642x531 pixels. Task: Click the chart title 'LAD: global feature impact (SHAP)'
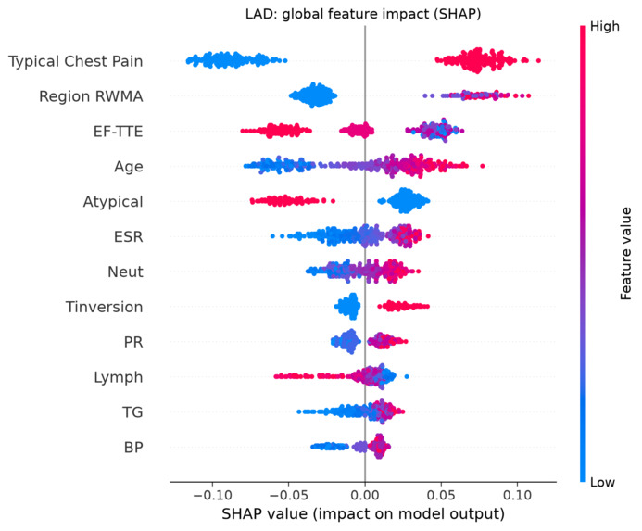(x=363, y=14)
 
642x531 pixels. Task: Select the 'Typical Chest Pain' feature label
(x=76, y=61)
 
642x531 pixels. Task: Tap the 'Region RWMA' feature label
(x=91, y=96)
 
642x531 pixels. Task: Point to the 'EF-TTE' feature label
(x=118, y=131)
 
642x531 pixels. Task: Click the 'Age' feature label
(x=129, y=167)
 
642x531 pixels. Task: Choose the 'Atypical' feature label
(x=113, y=202)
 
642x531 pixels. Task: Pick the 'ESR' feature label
(x=128, y=236)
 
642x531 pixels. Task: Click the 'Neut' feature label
(x=125, y=272)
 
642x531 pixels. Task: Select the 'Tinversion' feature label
(x=104, y=307)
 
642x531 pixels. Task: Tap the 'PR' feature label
(x=133, y=342)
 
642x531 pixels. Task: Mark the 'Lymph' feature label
(x=119, y=377)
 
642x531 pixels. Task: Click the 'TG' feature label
(x=132, y=412)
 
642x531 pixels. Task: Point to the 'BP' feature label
(x=133, y=447)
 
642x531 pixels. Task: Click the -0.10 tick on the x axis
(x=212, y=495)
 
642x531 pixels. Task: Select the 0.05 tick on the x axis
(x=441, y=495)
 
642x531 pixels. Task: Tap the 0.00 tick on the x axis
(x=365, y=495)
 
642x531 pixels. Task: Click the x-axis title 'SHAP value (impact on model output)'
(x=363, y=513)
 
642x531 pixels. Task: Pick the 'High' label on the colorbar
(x=604, y=27)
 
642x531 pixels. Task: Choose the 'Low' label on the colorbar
(x=602, y=482)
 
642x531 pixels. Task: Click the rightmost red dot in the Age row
(x=483, y=166)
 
